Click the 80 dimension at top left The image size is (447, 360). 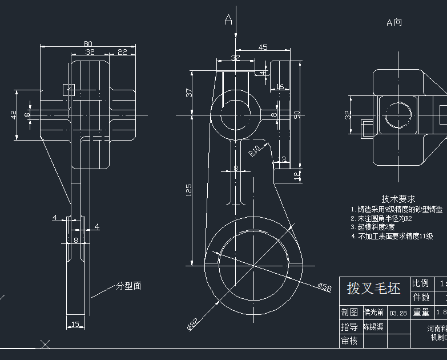coord(88,43)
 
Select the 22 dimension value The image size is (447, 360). coord(122,51)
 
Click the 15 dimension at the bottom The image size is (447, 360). coord(75,325)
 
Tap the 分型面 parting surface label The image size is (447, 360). coord(128,286)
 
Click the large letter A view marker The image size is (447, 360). coord(228,21)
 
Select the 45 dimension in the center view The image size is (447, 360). coord(263,47)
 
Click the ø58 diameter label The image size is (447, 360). coord(324,287)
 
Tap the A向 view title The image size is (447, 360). coord(394,22)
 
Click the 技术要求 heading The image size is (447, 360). coord(398,199)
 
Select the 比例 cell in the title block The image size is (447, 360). coord(421,283)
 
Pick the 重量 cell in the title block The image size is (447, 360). coord(421,312)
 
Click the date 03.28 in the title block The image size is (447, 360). coord(398,313)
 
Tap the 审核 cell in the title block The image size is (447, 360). coord(349,341)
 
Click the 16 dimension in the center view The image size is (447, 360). coord(279,87)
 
